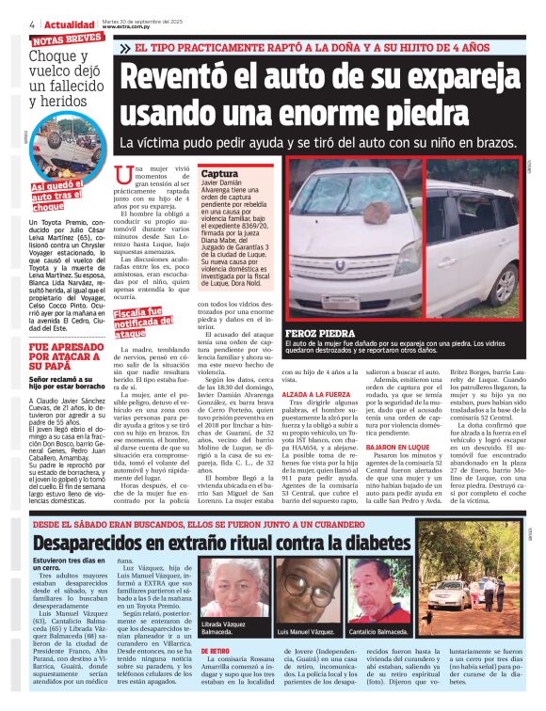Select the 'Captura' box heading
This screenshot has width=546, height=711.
(219, 175)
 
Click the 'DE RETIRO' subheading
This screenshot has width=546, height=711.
(215, 650)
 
